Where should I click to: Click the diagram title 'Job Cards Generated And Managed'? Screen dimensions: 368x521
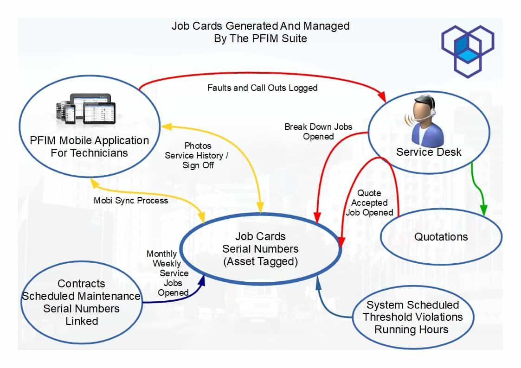coord(260,25)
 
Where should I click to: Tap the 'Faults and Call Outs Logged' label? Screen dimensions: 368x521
coord(262,88)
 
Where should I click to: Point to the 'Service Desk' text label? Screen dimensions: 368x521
coord(429,152)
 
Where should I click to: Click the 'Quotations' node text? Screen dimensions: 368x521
coord(441,237)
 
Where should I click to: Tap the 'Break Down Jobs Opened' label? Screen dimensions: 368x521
coord(318,131)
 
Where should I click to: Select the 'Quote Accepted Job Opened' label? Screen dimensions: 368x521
coord(369,203)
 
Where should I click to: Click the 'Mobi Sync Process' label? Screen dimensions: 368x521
coord(131,201)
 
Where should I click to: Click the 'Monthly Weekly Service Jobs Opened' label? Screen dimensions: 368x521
coord(168,273)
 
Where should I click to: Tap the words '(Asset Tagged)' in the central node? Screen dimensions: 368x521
coord(260,261)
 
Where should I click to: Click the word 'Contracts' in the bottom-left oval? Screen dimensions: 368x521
coord(81,284)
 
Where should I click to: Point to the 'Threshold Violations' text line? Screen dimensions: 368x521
coord(412,317)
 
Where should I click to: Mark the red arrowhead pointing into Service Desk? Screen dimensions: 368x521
coord(382,97)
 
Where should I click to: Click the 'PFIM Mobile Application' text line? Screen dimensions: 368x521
coord(89,140)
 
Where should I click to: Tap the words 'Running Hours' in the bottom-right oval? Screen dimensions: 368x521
coord(411,330)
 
